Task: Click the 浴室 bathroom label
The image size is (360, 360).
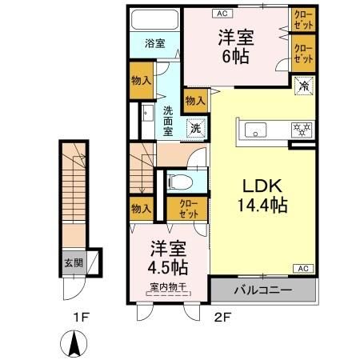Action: tap(155, 42)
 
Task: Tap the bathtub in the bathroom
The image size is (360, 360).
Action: tap(155, 20)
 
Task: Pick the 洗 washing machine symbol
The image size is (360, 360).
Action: tap(194, 127)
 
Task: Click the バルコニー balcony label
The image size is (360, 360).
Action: tap(262, 290)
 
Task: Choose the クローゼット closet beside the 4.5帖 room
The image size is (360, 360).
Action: tap(190, 209)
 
